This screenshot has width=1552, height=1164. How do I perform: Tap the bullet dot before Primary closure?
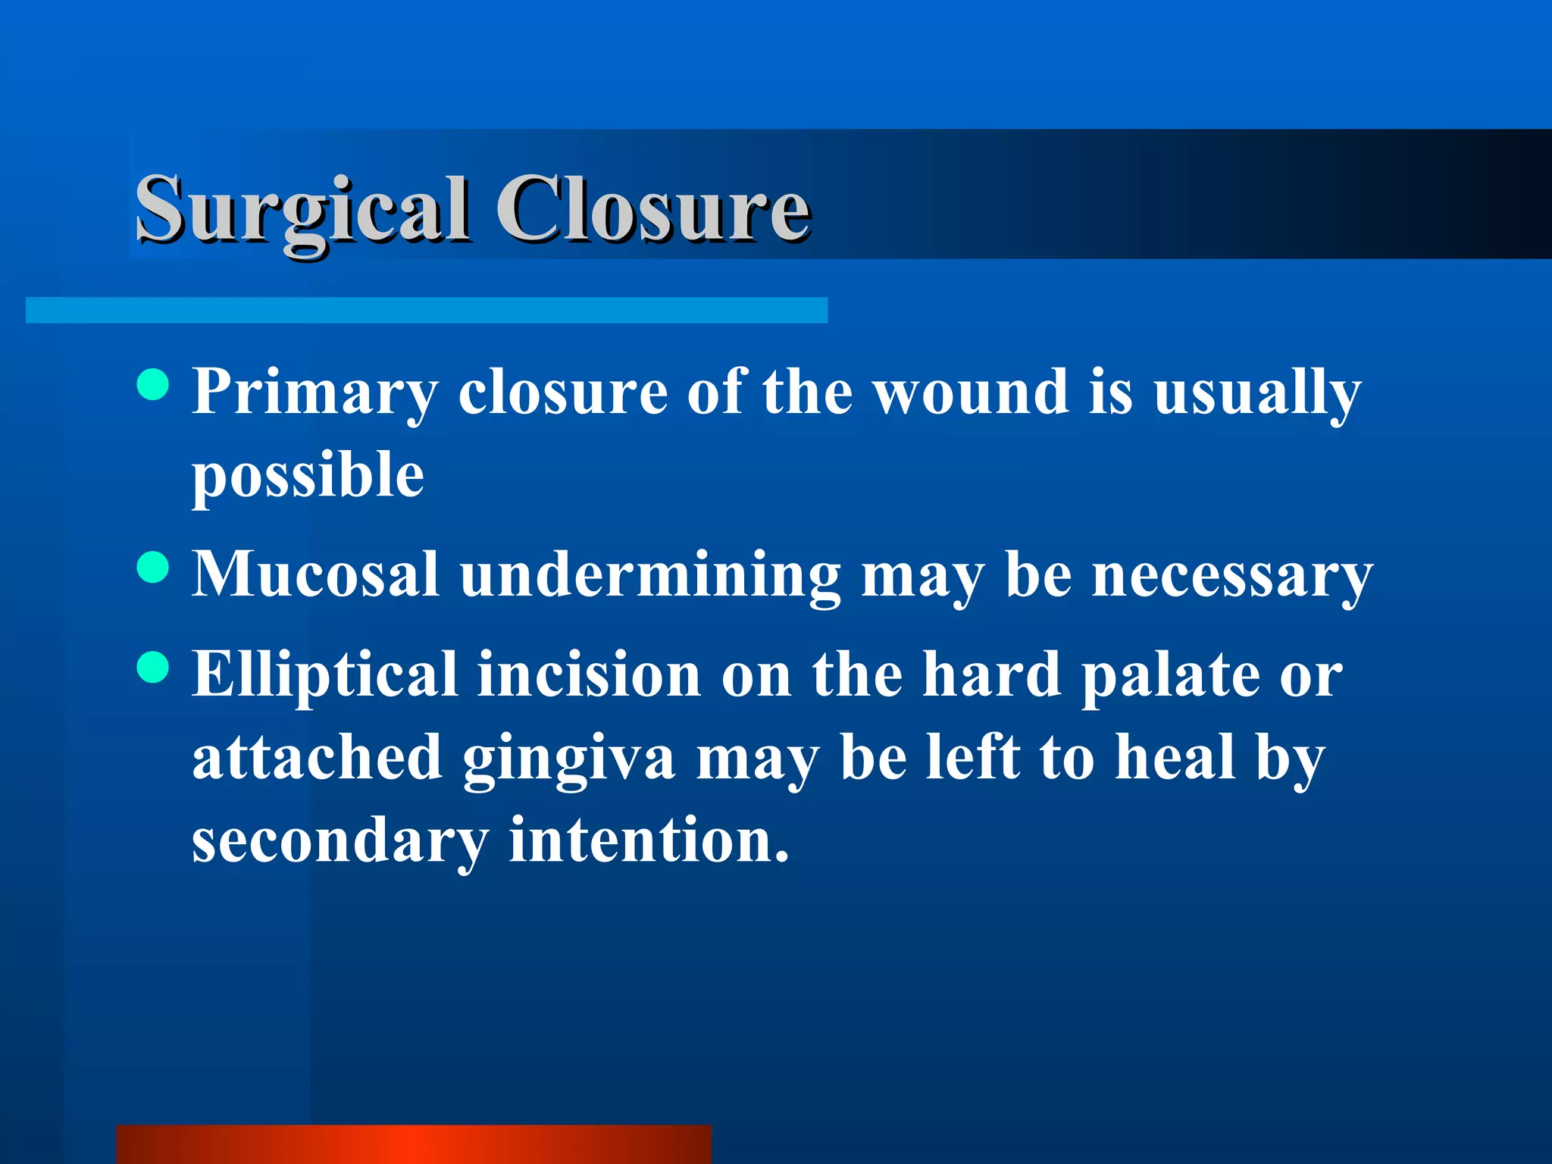[x=154, y=384]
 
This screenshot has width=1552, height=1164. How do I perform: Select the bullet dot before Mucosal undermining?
[x=154, y=567]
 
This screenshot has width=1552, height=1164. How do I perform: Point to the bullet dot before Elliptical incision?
[x=154, y=668]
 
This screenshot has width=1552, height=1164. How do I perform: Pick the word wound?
[x=971, y=392]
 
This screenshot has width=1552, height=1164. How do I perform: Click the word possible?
[x=308, y=476]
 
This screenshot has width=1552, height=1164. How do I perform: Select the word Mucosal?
[x=315, y=574]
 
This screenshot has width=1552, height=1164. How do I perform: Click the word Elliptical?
[x=324, y=674]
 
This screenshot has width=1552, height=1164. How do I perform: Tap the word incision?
[x=589, y=674]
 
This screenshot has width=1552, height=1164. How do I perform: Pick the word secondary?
[x=340, y=841]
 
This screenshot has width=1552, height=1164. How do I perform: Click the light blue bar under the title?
[x=426, y=310]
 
